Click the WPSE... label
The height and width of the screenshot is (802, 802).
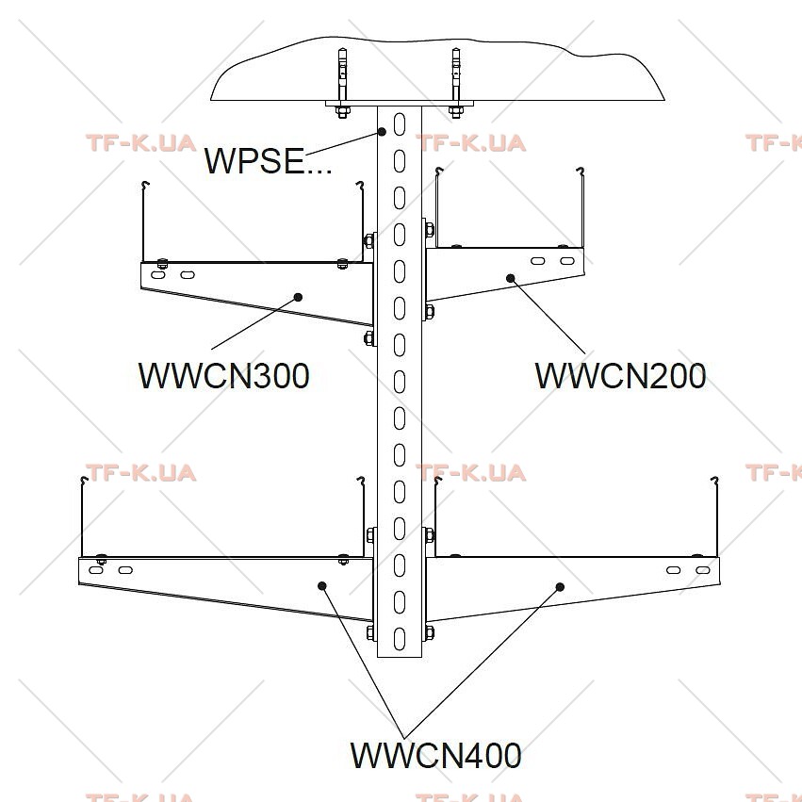click(268, 160)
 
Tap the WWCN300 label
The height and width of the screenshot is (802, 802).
click(224, 376)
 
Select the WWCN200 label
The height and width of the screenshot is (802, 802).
click(620, 376)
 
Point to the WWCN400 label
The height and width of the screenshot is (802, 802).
click(435, 755)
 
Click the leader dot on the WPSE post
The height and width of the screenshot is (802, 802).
click(382, 131)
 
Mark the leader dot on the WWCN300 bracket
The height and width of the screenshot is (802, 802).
click(298, 297)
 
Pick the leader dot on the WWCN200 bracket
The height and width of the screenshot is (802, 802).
click(511, 278)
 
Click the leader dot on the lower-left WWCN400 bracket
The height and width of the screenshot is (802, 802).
click(322, 585)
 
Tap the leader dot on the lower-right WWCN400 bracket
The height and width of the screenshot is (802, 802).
click(560, 587)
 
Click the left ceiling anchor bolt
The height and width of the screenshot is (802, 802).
click(342, 82)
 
